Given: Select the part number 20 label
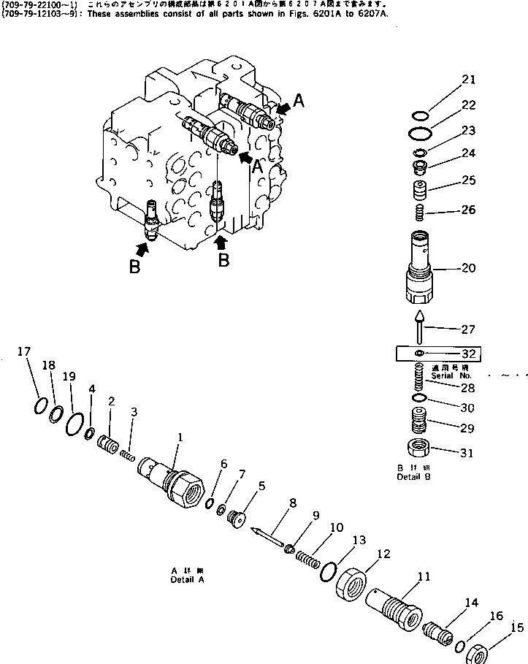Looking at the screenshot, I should click(468, 268).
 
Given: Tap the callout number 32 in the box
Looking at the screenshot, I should click(469, 354).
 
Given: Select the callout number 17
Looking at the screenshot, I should click(24, 351).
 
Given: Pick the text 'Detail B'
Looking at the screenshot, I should click(413, 476).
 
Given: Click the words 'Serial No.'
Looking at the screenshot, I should click(448, 375).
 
